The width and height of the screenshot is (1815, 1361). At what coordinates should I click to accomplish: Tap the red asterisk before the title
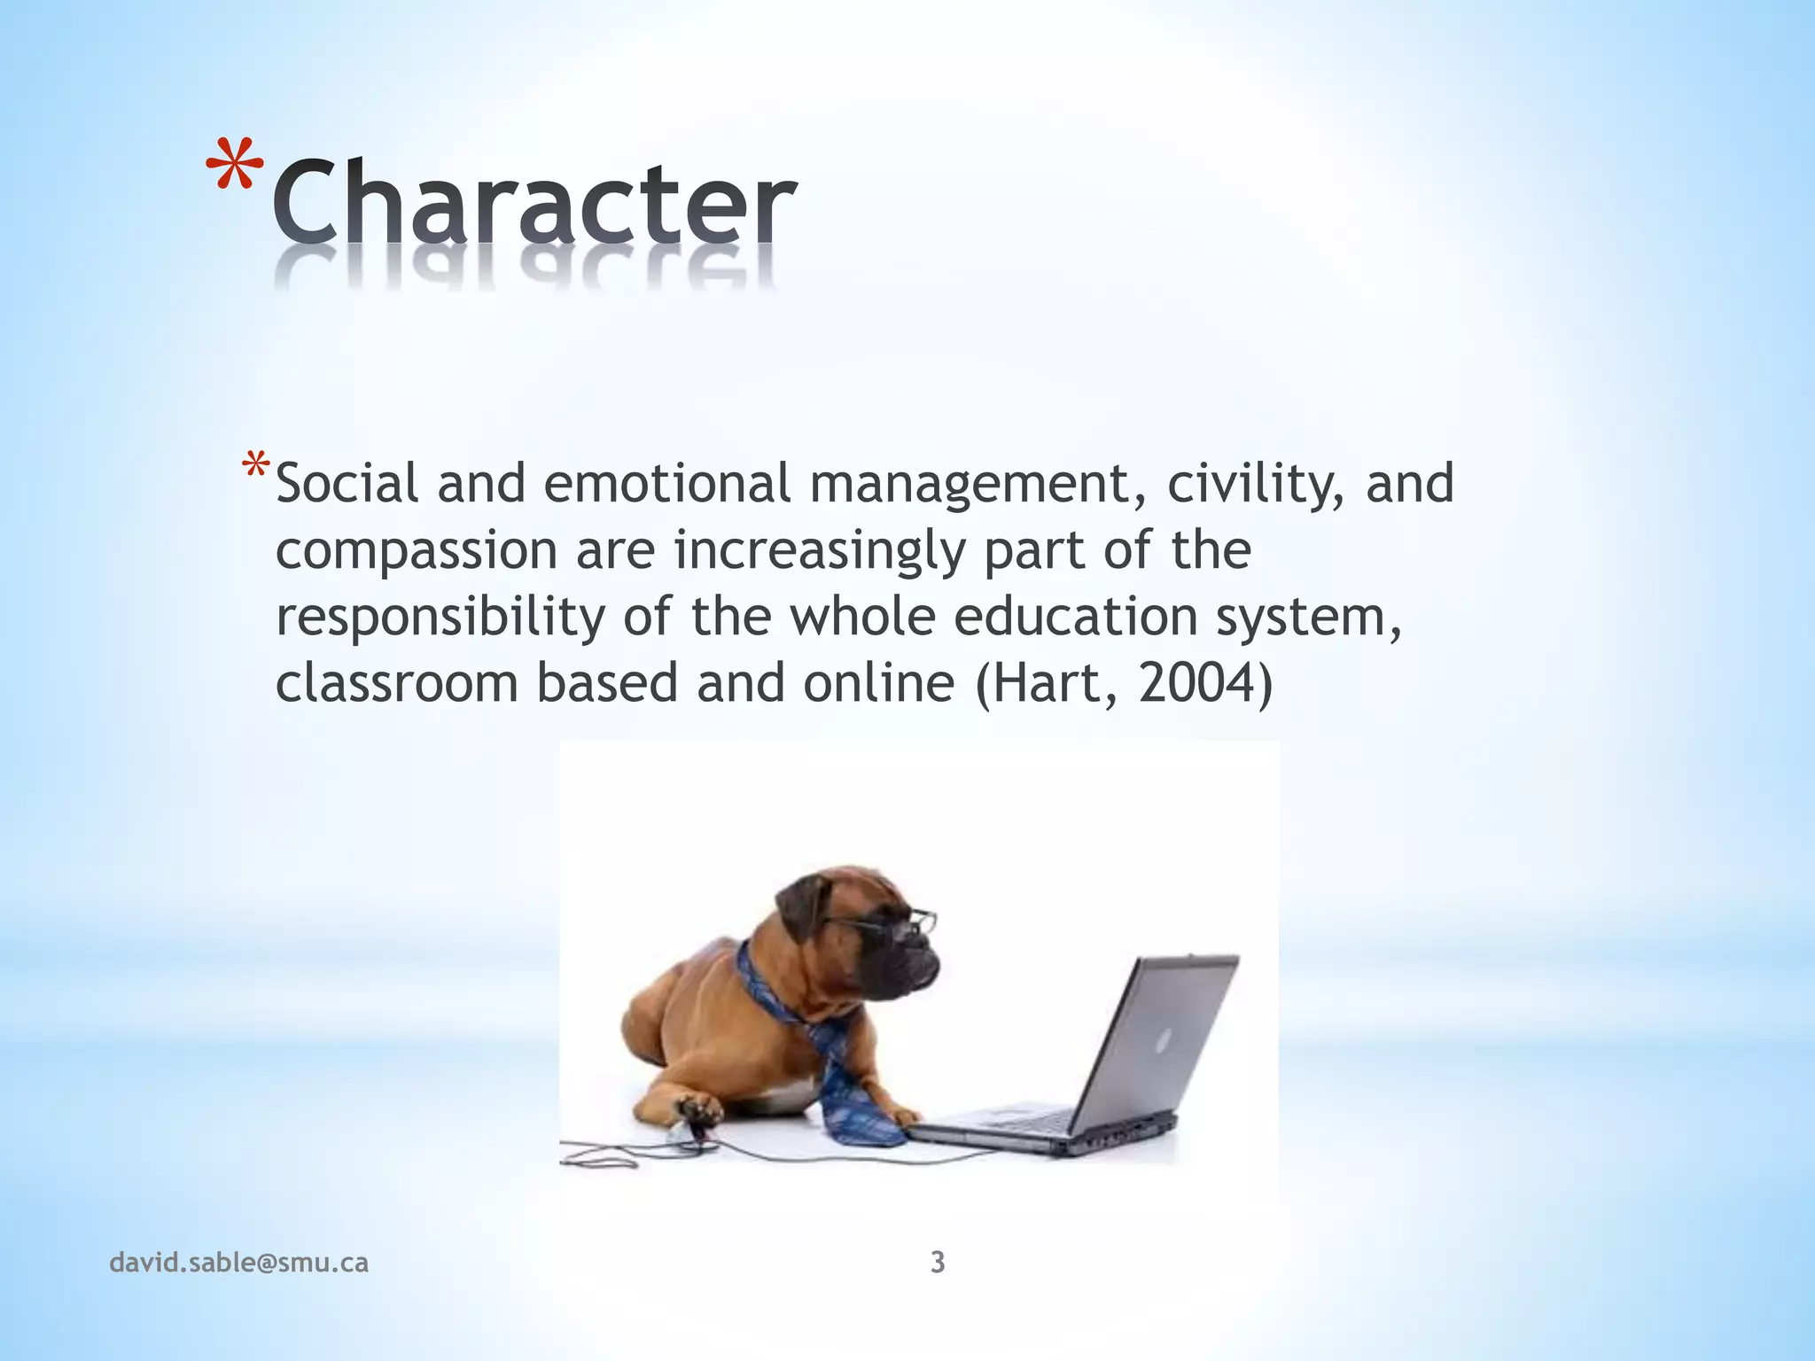(x=235, y=167)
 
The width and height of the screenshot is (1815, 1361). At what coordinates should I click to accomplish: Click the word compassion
(x=417, y=552)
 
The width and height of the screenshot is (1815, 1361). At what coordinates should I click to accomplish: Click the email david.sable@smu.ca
(x=238, y=1263)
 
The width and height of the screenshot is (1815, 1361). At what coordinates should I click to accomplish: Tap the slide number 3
(x=938, y=1262)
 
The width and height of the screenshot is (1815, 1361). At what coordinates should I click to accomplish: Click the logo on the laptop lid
(x=1164, y=1037)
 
